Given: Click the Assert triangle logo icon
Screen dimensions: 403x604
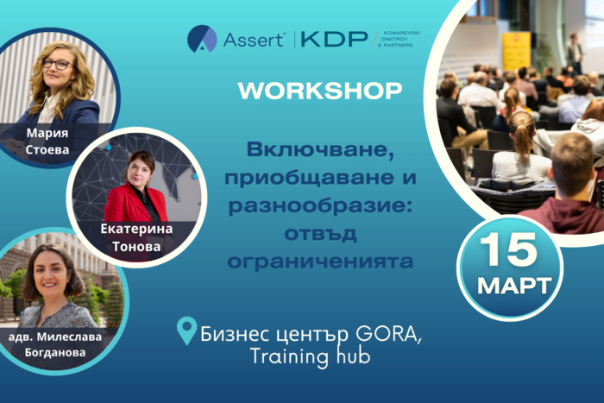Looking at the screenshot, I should click(x=202, y=38).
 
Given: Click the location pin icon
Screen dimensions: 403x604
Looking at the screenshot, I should click(x=186, y=331).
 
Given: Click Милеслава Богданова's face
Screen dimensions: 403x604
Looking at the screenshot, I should click(x=53, y=274).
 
